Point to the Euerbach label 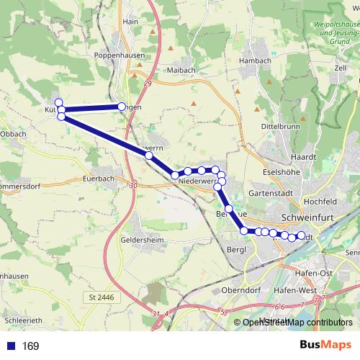(x=99, y=177)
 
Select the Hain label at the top (x=130, y=22)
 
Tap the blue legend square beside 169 (x=10, y=346)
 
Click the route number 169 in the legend (x=30, y=346)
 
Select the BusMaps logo (x=323, y=345)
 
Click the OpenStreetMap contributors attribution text (x=297, y=323)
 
